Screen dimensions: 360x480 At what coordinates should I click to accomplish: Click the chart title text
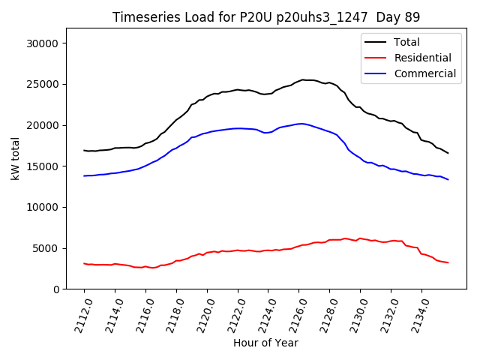pyautogui.click(x=266, y=17)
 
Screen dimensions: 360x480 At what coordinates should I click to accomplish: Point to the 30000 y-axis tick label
pyautogui.click(x=42, y=43)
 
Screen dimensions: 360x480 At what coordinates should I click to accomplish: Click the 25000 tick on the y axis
pyautogui.click(x=42, y=84)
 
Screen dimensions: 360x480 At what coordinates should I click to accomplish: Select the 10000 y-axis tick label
pyautogui.click(x=42, y=207)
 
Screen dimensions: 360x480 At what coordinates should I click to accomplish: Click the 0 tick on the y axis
pyautogui.click(x=55, y=289)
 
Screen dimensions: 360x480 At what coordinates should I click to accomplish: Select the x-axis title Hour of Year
pyautogui.click(x=265, y=343)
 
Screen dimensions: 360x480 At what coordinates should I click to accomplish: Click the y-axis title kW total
pyautogui.click(x=16, y=158)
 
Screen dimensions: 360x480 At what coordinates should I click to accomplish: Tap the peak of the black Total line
pyautogui.click(x=303, y=79)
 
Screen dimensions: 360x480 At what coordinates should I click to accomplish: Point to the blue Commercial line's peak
pyautogui.click(x=301, y=124)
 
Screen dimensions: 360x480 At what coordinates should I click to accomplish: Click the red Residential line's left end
pyautogui.click(x=84, y=263)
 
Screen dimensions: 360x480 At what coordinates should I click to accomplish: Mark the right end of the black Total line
pyautogui.click(x=448, y=153)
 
